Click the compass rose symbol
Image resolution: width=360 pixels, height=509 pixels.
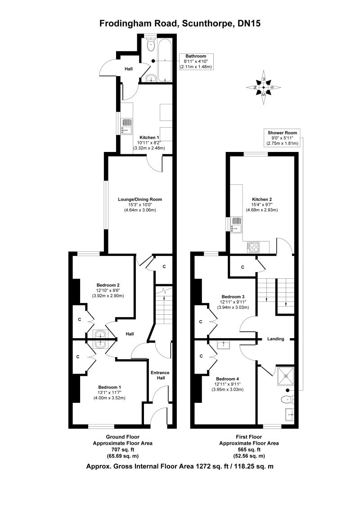coord(264,87)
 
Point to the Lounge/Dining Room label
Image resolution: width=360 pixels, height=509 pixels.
coord(139,199)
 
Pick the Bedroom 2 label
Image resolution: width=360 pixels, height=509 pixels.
coord(108,285)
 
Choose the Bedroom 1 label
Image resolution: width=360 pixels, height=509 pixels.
coord(109,387)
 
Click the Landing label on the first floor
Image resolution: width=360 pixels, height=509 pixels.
coord(276,339)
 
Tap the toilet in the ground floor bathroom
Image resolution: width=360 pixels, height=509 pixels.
coord(150,45)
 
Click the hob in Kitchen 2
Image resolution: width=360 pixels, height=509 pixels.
coord(253,246)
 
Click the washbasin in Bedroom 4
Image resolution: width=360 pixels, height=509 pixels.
coord(223,345)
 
